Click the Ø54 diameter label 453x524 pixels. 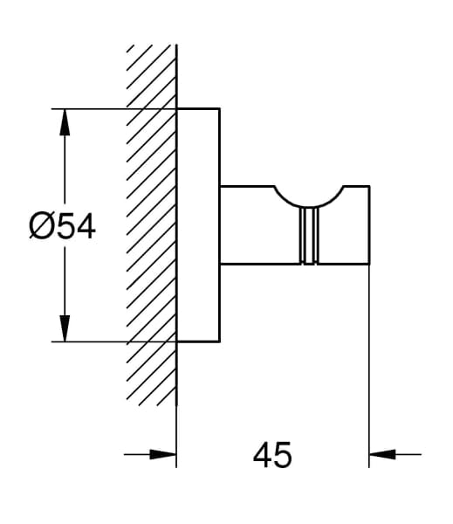pos(62,227)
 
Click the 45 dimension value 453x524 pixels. pos(272,455)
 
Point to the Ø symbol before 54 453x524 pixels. pos(41,227)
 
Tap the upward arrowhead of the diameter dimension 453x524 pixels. pos(65,122)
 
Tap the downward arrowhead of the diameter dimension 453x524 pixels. pos(65,328)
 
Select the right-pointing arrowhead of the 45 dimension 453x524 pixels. pos(163,454)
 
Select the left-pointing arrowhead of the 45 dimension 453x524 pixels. pos(382,454)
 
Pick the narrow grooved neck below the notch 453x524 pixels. pos(309,236)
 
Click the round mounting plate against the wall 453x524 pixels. pos(198,225)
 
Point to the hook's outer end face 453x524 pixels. pos(369,225)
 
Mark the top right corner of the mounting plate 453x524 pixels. pos(219,108)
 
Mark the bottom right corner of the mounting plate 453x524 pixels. pos(219,341)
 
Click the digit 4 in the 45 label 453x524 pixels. pos(263,455)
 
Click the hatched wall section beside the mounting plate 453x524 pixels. pos(151,225)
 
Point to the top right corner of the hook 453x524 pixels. pos(369,186)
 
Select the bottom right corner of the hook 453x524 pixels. pos(369,264)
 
